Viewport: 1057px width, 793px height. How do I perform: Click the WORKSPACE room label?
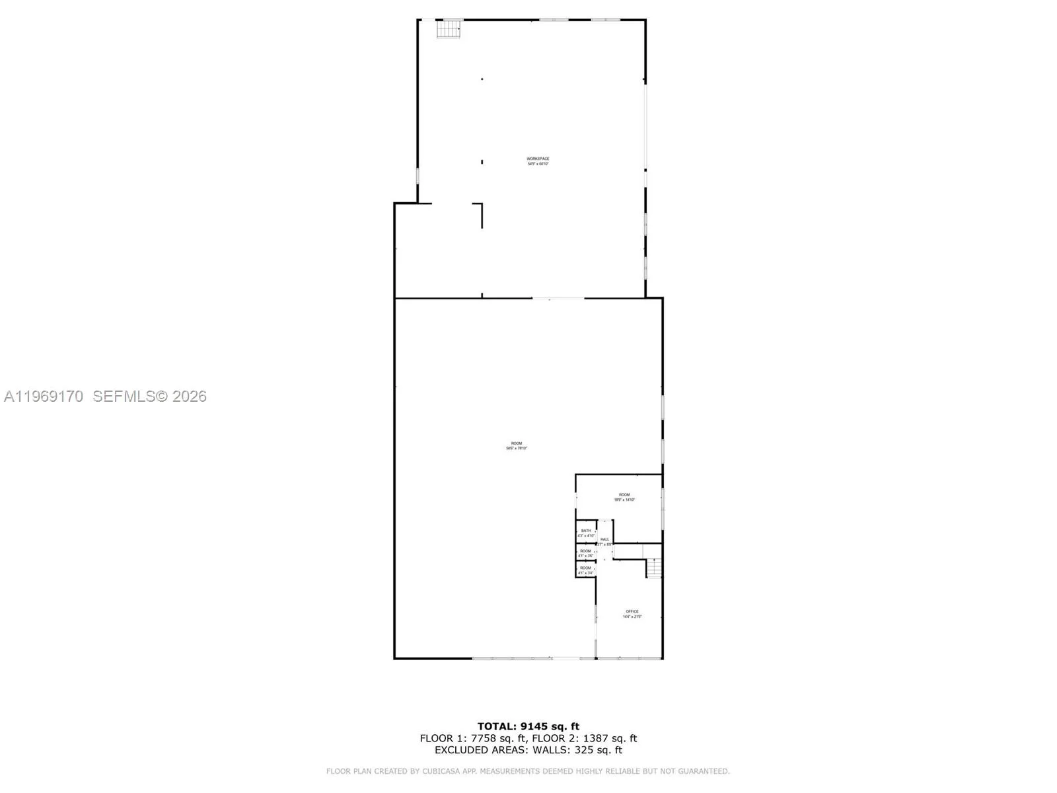pos(538,159)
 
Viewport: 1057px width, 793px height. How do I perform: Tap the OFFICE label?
pos(632,611)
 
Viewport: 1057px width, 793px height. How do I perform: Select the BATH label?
pos(586,531)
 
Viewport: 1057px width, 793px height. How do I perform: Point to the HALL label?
pos(604,539)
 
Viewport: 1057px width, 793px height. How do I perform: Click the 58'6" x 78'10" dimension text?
pos(517,449)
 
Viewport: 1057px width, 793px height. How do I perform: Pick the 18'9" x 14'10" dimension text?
pos(624,500)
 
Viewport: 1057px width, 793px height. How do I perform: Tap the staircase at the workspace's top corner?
pos(450,29)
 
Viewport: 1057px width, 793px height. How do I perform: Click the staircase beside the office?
pos(653,568)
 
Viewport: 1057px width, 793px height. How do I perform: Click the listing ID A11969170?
pos(44,397)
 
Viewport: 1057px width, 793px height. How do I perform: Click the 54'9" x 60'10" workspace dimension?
pos(538,164)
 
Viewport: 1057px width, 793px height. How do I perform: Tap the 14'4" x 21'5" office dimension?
pos(632,617)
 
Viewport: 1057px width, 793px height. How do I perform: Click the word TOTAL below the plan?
pos(496,727)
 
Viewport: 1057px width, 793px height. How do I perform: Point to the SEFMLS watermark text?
pos(124,397)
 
